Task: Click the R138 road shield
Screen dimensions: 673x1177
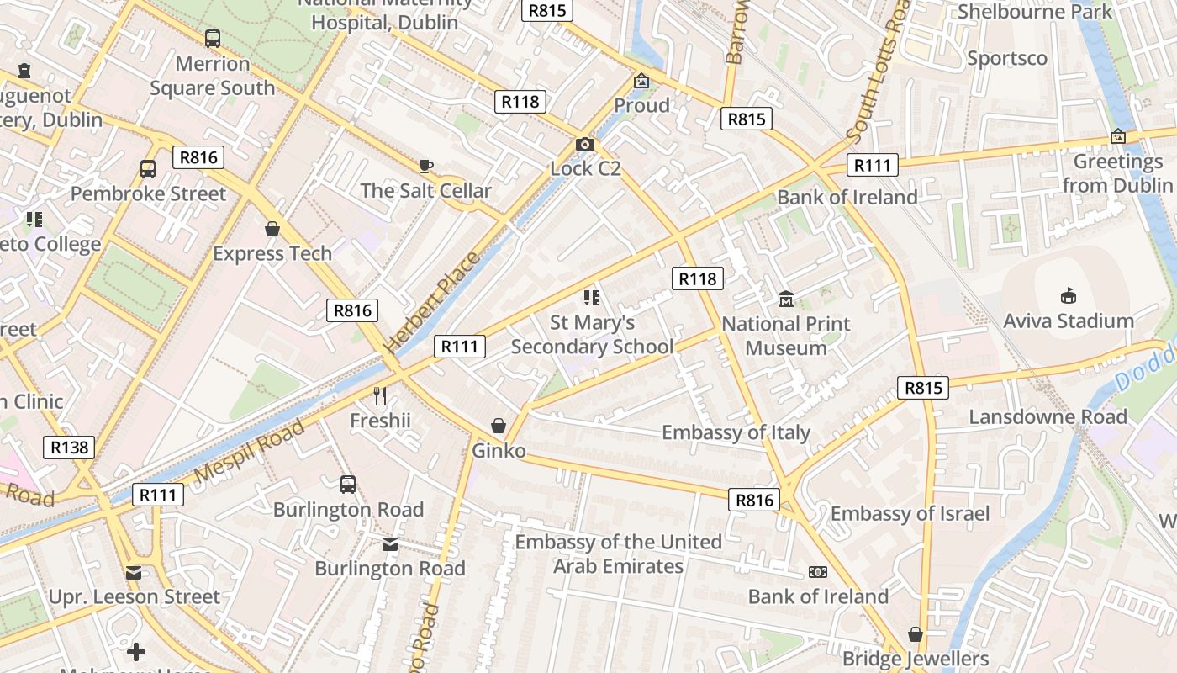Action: (69, 448)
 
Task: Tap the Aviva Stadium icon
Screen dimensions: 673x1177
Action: (1069, 295)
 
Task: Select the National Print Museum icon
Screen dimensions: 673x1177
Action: (786, 299)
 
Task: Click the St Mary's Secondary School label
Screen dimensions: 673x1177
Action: (592, 334)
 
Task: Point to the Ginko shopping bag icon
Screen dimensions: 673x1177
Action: (499, 426)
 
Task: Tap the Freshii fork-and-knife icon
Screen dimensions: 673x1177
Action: (380, 395)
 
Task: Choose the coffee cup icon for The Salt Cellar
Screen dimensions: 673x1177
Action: (426, 166)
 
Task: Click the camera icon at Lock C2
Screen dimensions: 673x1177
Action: (585, 145)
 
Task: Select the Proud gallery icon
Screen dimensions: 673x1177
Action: (641, 81)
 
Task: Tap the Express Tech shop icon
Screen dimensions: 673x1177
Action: (272, 229)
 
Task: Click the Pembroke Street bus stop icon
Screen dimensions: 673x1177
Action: (148, 169)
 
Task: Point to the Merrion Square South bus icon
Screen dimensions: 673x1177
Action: (213, 39)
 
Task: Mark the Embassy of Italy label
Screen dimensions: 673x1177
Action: (736, 432)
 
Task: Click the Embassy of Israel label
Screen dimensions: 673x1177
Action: (910, 513)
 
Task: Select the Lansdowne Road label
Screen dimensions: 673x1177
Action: (1048, 416)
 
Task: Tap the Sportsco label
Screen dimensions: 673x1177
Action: (1007, 58)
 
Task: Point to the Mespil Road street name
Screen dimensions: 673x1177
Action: (249, 452)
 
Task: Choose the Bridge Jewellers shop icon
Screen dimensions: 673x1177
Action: (915, 634)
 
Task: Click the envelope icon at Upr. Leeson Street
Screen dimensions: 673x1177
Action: (134, 573)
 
